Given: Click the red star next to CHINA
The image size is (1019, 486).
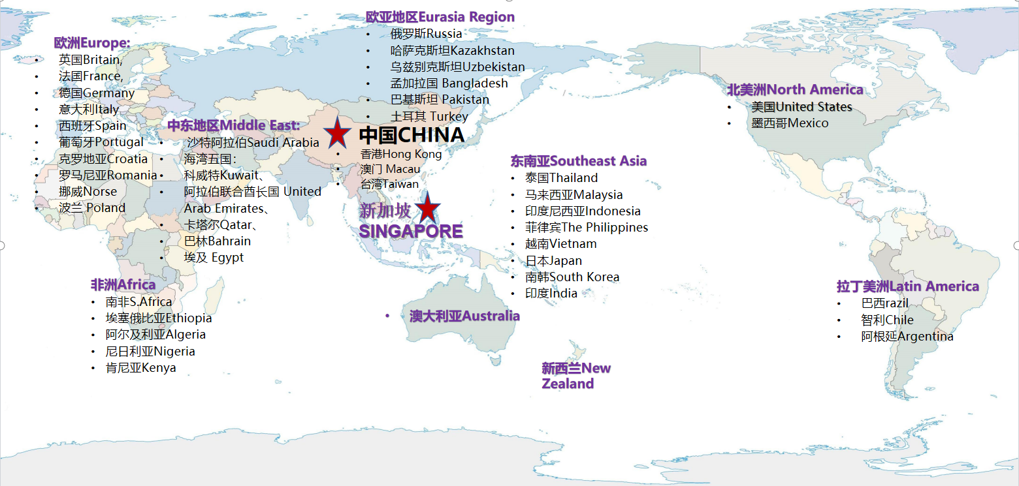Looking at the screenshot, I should [337, 133].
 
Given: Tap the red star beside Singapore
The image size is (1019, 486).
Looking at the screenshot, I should [427, 209].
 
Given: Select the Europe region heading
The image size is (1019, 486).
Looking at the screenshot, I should [92, 43].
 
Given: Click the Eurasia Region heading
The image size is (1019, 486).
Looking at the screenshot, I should [440, 17].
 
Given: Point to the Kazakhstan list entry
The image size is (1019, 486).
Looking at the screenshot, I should [452, 50].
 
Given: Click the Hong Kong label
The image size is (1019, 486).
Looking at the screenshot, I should [401, 154].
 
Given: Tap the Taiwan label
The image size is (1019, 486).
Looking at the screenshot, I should [389, 184].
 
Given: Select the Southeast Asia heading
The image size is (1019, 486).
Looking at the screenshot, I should [579, 160].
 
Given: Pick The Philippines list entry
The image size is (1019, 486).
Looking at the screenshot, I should [587, 227].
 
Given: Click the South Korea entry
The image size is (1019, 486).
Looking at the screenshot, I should [572, 277].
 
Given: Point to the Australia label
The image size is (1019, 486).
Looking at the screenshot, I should [464, 316].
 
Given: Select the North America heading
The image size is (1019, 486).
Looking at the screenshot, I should [795, 89].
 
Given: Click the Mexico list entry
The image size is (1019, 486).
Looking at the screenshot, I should [789, 123].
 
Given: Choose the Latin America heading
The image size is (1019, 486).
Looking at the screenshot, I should [907, 286].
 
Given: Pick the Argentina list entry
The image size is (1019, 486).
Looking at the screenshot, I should [907, 337].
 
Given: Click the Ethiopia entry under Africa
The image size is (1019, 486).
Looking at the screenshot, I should [159, 318].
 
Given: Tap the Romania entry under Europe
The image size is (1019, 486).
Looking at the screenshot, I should [108, 175].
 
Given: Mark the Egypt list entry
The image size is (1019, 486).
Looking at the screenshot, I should [214, 257].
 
